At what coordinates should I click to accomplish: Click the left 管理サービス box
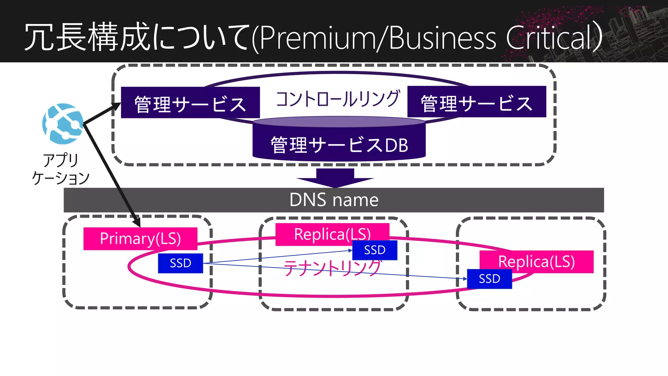(190, 102)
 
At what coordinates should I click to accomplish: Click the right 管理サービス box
(477, 102)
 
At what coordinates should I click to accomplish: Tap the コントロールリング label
(338, 99)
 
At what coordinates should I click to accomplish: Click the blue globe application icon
(63, 124)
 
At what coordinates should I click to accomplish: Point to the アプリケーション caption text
(61, 169)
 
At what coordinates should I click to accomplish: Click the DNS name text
(334, 200)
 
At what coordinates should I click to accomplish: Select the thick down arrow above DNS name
(335, 178)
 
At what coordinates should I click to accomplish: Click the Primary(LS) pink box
(140, 239)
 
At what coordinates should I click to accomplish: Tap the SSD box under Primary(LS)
(180, 263)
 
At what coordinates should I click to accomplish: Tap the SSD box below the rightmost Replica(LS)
(489, 279)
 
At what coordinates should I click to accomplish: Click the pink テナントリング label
(332, 268)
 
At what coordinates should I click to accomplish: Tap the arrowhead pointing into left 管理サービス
(117, 105)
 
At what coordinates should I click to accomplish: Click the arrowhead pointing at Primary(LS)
(138, 224)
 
